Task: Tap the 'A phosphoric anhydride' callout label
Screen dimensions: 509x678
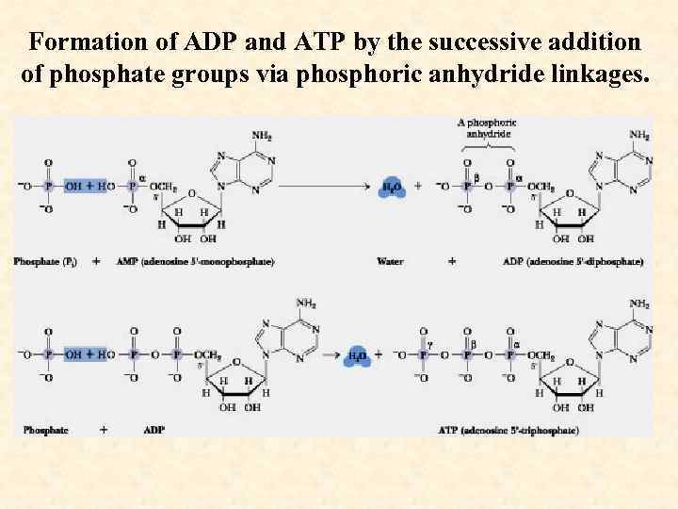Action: pyautogui.click(x=488, y=128)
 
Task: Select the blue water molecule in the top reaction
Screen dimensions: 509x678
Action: pyautogui.click(x=393, y=187)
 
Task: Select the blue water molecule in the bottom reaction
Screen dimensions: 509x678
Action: pyautogui.click(x=359, y=355)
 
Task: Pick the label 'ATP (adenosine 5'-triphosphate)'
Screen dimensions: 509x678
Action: pyautogui.click(x=508, y=430)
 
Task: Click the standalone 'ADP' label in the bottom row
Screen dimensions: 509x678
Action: pyautogui.click(x=153, y=430)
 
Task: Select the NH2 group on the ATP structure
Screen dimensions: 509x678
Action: pyautogui.click(x=639, y=304)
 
